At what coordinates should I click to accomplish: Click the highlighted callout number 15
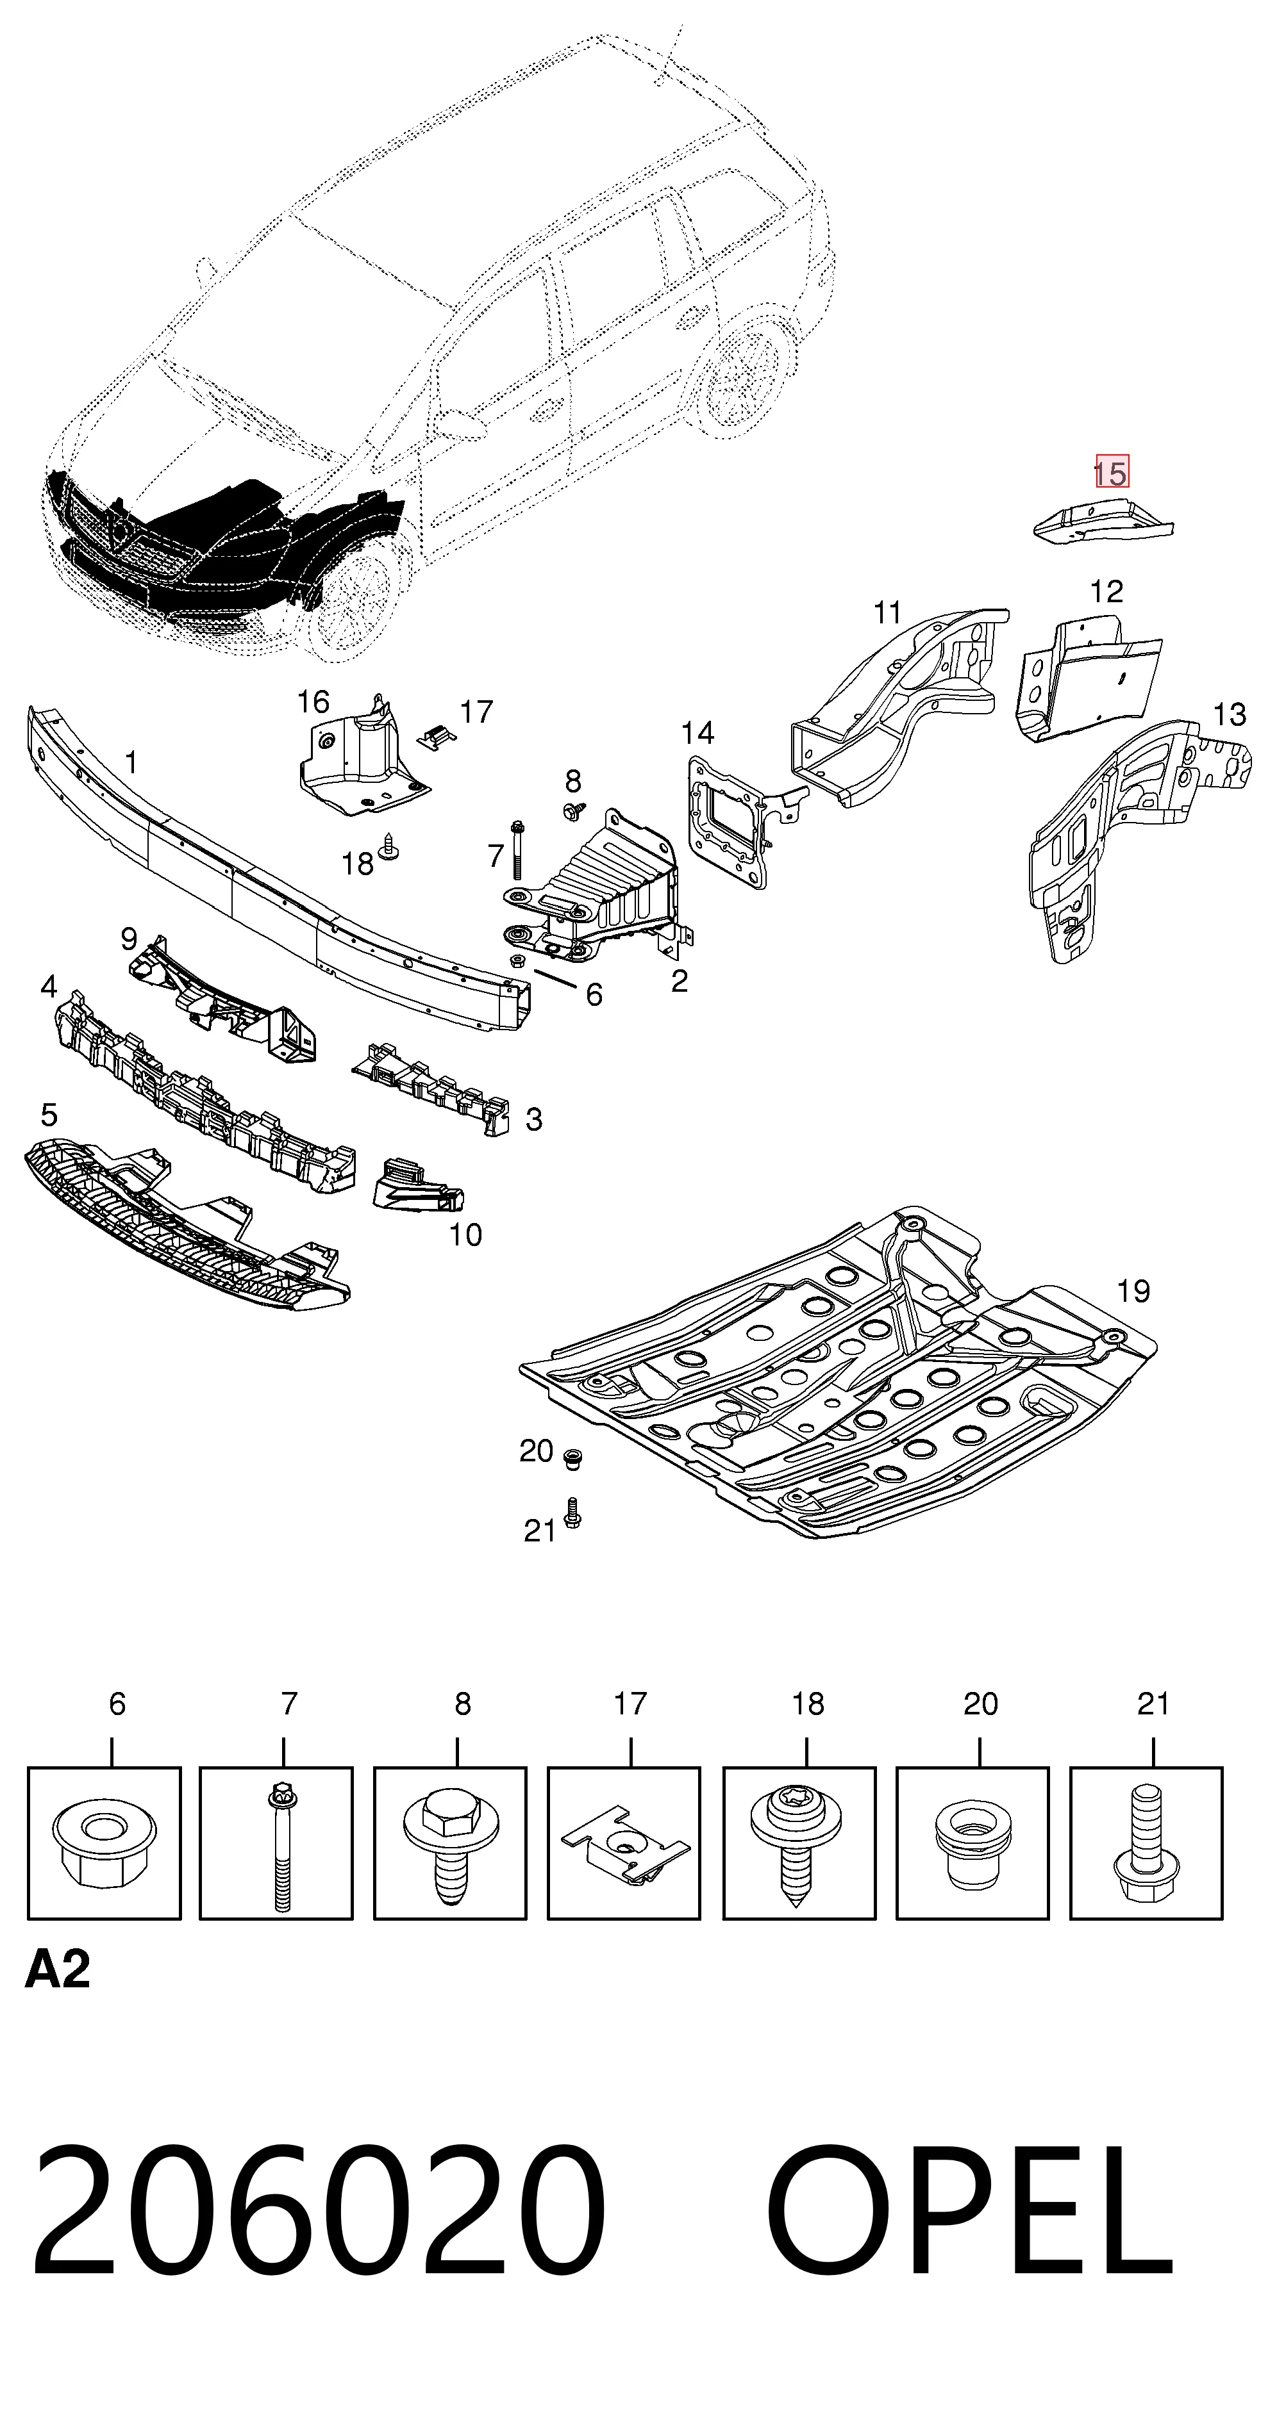tap(1112, 472)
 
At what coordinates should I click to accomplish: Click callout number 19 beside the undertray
tap(1133, 1292)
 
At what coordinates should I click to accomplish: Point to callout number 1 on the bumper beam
tap(131, 763)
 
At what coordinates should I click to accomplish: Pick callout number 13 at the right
tap(1229, 715)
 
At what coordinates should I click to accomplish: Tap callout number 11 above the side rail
tap(887, 613)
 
